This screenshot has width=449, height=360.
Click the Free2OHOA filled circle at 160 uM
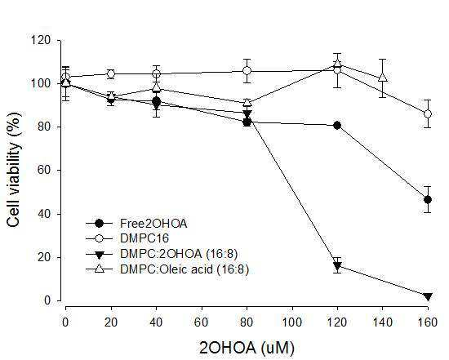(428, 200)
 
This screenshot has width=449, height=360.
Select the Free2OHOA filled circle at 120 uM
(337, 125)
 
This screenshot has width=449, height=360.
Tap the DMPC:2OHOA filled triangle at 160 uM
(428, 296)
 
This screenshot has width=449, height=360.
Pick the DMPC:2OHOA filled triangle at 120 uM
(337, 266)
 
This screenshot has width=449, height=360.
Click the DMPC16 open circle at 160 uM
(428, 113)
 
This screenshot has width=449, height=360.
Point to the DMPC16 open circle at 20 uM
(111, 74)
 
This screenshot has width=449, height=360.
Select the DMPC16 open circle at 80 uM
(247, 70)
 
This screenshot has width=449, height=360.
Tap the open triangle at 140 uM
(383, 77)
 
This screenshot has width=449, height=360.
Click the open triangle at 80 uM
(247, 102)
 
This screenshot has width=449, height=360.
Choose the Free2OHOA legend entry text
(153, 224)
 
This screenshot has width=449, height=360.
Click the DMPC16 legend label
(144, 238)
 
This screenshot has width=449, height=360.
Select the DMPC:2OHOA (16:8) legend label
(179, 254)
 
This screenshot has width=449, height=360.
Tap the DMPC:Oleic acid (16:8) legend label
(184, 269)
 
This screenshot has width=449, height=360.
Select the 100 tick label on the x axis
(292, 322)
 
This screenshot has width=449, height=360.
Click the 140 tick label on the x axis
(383, 322)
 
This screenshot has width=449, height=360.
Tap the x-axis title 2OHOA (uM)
(247, 348)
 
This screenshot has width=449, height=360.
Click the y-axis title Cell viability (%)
(14, 170)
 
